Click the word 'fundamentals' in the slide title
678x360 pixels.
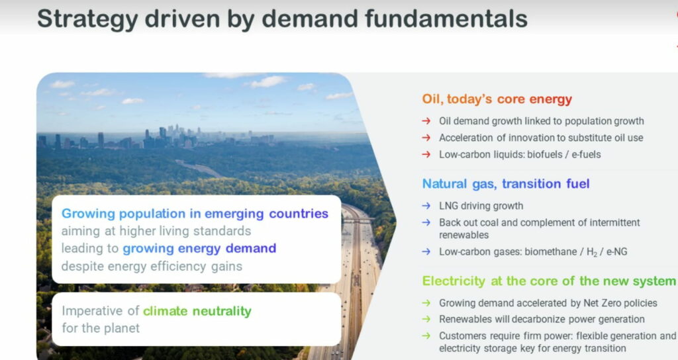(x=446, y=19)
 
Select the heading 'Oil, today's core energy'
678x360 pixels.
(x=497, y=99)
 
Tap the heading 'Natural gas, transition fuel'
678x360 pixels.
(x=506, y=184)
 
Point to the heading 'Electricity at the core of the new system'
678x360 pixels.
(x=549, y=281)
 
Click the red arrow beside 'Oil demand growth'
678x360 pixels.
(x=426, y=121)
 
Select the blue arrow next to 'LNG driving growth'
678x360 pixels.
(x=426, y=206)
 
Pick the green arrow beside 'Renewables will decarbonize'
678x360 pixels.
(x=426, y=319)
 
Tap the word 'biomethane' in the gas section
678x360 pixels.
(x=553, y=251)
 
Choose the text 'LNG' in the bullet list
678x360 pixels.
(x=448, y=206)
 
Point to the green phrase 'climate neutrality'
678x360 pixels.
(x=197, y=311)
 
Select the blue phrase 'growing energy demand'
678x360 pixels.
(x=199, y=249)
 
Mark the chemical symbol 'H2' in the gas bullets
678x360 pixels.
(x=591, y=252)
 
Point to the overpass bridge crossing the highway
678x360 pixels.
(x=358, y=220)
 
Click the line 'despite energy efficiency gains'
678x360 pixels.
(x=152, y=266)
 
